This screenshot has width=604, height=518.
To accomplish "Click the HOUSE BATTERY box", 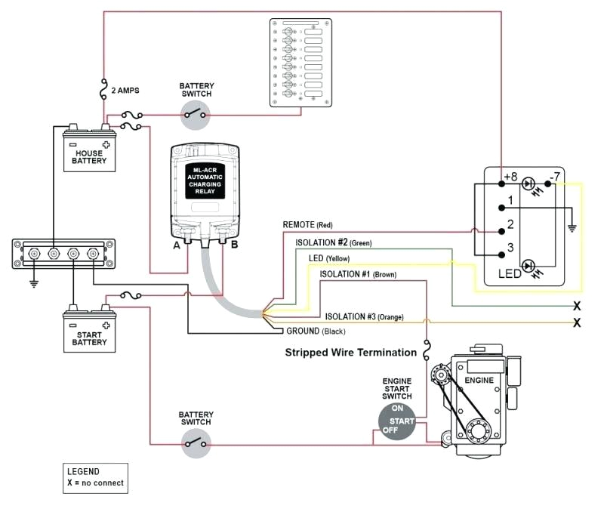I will click(x=89, y=151).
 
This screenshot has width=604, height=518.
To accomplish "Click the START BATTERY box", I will click(x=89, y=331).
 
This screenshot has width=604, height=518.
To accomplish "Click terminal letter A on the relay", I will click(x=176, y=245).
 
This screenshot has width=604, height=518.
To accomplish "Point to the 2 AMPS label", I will click(x=125, y=91).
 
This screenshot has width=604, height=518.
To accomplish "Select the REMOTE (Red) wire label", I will click(x=308, y=225).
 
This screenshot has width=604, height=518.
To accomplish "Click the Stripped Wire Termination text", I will click(x=350, y=353).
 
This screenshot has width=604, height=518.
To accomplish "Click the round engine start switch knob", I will click(x=397, y=421).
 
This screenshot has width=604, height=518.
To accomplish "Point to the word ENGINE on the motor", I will click(x=479, y=380).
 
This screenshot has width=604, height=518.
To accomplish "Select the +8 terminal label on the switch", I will click(x=510, y=178).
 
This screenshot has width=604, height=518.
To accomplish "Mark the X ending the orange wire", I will click(x=578, y=322).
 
